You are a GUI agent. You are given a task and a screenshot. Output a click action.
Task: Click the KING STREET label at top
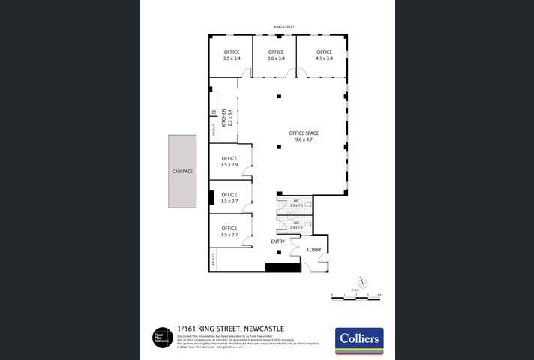point(285,27)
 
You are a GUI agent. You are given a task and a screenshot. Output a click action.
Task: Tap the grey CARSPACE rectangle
point(182,171)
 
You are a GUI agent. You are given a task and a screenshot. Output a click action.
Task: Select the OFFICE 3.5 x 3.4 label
point(232,55)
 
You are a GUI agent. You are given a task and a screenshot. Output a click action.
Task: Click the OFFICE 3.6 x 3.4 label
point(276,55)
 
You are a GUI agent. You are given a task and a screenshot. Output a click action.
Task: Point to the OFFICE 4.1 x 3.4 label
point(324,55)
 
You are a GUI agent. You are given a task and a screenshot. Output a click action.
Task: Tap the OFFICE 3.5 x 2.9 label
point(229,161)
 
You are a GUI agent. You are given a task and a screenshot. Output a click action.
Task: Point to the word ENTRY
point(278,241)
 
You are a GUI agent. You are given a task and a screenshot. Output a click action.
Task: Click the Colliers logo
point(358,340)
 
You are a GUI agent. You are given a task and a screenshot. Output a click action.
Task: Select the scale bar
point(357,298)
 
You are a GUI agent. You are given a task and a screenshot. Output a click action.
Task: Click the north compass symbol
point(363,282)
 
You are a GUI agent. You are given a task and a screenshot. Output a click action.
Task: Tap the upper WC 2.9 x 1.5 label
point(296,203)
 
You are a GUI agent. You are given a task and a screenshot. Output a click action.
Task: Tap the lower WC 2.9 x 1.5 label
point(296,225)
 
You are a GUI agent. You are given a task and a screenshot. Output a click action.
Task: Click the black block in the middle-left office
point(212,199)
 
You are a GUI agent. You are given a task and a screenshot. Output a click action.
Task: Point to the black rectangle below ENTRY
point(282,266)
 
